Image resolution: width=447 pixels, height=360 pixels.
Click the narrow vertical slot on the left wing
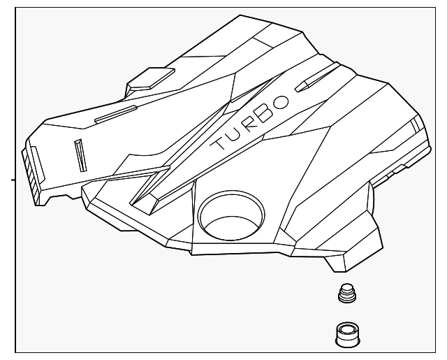(80, 154)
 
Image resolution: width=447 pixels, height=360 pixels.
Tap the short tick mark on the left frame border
(11, 180)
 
